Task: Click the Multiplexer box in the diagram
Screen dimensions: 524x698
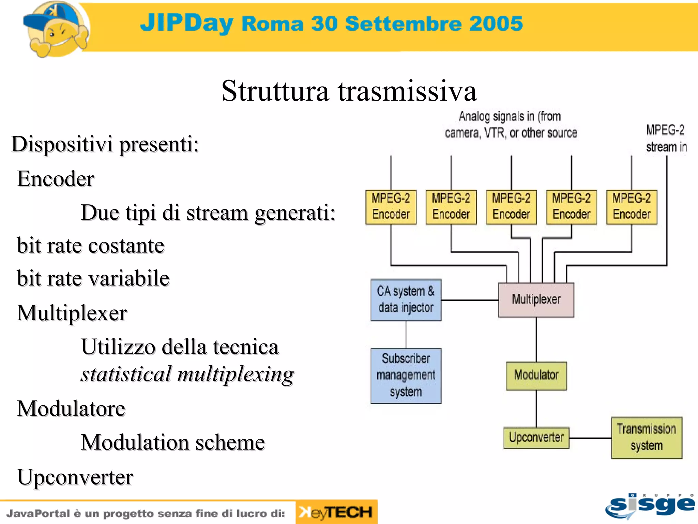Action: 536,300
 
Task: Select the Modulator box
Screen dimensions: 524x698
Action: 536,376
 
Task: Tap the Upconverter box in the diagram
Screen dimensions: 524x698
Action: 536,438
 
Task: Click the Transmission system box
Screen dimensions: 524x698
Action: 647,438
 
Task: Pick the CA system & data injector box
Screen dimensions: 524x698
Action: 406,300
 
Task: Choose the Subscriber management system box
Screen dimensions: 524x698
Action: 406,376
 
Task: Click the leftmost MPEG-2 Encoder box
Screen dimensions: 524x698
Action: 391,207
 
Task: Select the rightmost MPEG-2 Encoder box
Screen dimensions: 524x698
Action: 632,207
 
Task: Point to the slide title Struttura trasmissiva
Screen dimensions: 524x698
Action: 349,91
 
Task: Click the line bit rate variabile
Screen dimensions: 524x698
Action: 93,278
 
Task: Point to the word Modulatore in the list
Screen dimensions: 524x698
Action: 71,408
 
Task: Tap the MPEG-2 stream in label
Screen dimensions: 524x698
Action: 666,139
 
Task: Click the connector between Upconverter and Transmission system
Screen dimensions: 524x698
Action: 590,438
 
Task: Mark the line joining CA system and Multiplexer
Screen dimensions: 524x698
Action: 470,300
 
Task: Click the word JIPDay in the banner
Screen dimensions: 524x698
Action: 186,23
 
